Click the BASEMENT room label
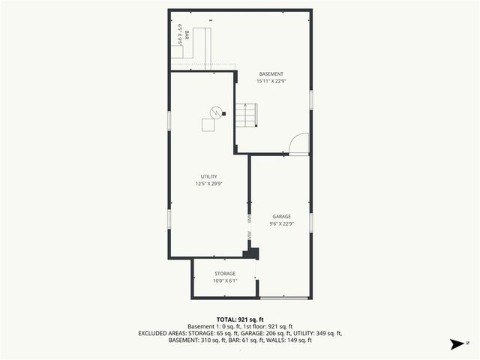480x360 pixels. [x=271, y=73]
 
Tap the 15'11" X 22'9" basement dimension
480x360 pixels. [x=271, y=81]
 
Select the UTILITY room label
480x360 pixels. [x=208, y=176]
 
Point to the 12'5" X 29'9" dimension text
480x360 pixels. [x=208, y=184]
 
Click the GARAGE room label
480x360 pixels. [x=281, y=216]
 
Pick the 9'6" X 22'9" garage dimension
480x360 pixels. [x=281, y=223]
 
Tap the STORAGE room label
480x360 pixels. [x=225, y=274]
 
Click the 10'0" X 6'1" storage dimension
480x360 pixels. [x=225, y=281]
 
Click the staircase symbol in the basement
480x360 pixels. [x=246, y=115]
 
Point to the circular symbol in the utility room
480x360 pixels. [x=215, y=112]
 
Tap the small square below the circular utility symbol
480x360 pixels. [x=208, y=124]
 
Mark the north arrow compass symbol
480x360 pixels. [x=456, y=344]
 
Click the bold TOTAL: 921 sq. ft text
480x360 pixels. [x=240, y=319]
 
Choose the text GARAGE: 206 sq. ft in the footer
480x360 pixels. [x=266, y=333]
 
